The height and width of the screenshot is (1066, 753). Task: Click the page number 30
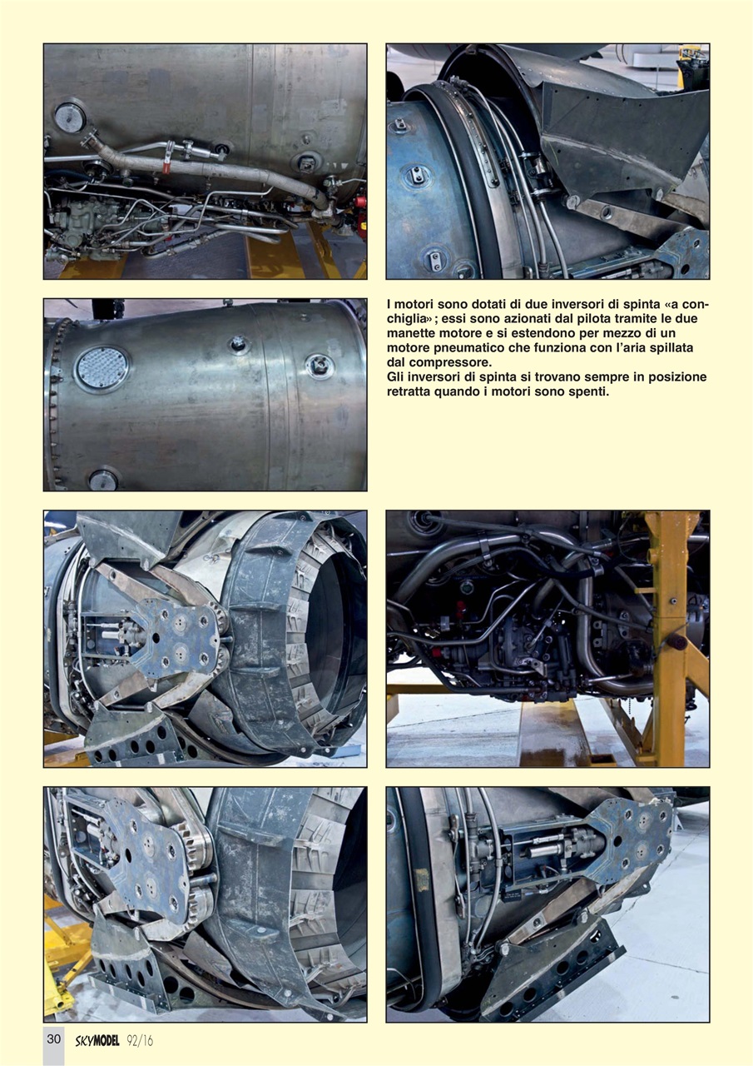(x=53, y=1039)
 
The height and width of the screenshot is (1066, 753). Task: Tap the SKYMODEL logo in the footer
(x=97, y=1040)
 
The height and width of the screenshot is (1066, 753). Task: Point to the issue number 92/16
(x=141, y=1040)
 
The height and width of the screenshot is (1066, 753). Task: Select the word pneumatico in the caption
(x=478, y=348)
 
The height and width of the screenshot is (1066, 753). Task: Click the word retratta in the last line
(x=414, y=391)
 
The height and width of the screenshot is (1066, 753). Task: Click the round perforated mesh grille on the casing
(x=102, y=368)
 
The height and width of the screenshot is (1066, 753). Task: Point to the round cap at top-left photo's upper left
(x=70, y=117)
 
